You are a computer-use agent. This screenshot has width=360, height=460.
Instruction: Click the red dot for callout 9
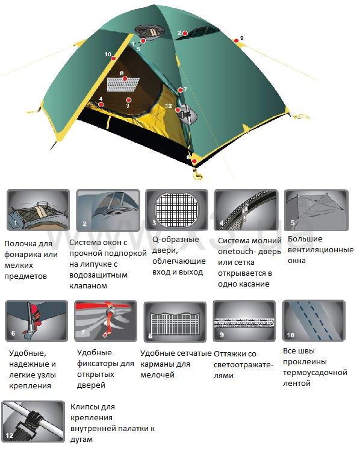click(236, 40)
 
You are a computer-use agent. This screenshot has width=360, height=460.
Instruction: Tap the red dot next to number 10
click(113, 58)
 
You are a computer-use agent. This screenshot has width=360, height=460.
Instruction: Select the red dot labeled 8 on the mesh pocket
click(125, 78)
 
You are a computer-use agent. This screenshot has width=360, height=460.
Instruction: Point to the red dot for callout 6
click(194, 161)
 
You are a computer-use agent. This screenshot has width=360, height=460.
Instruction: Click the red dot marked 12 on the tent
click(178, 110)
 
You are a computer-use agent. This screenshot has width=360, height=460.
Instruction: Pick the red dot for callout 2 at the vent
click(185, 34)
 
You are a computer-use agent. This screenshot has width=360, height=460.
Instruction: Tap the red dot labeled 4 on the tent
click(101, 104)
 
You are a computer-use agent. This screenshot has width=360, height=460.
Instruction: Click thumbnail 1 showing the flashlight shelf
click(38, 210)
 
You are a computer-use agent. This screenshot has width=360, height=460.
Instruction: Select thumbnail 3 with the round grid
click(176, 210)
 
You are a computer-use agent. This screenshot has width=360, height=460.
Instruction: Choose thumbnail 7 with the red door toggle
click(105, 321)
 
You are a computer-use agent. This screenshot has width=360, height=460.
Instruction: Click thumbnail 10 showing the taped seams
click(314, 320)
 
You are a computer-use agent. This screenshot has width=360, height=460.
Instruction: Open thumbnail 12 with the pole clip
click(33, 421)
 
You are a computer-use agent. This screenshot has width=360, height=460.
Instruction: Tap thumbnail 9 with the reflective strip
click(244, 321)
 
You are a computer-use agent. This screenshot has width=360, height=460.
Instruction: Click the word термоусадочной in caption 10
click(315, 373)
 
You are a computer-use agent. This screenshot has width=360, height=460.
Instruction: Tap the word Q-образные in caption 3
click(175, 240)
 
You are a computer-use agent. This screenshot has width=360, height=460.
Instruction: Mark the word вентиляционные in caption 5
click(320, 250)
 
